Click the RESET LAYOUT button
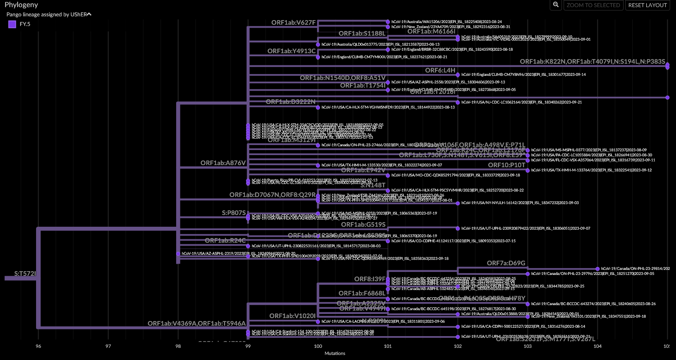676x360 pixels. [647, 5]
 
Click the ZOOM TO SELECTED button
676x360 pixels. [593, 5]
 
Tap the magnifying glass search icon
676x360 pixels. [556, 5]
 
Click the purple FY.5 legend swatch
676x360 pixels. [12, 24]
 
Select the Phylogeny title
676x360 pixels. [21, 5]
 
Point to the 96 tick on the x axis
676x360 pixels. [39, 346]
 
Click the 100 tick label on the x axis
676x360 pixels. [318, 346]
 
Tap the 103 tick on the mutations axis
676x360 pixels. [528, 346]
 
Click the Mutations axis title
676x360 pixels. [335, 353]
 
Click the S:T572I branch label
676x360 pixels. [25, 274]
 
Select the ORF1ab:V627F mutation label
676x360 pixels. [293, 23]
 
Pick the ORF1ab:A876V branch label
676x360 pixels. [223, 163]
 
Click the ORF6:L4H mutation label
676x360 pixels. [440, 70]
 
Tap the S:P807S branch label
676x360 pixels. [234, 213]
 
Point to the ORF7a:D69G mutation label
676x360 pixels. [506, 263]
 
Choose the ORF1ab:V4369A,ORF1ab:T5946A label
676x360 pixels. [196, 324]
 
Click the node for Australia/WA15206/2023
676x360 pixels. [388, 22]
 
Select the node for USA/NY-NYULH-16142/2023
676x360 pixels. [458, 203]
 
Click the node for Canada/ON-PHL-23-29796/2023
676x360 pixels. [528, 274]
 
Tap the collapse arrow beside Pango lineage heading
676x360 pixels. [89, 14]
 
